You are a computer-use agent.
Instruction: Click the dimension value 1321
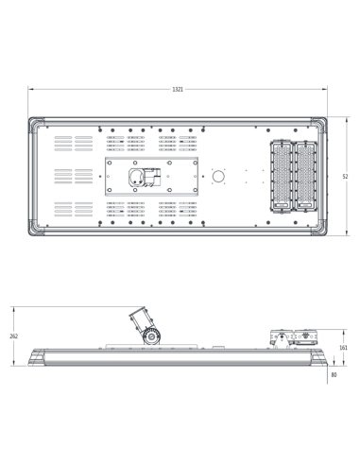(178, 90)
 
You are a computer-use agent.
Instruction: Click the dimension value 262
(13, 336)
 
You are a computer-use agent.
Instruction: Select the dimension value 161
(344, 348)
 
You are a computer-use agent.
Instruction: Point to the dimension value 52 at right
(345, 177)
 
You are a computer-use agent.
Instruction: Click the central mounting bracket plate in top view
(151, 177)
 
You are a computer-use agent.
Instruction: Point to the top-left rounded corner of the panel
(33, 122)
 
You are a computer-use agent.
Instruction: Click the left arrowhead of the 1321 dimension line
(30, 90)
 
